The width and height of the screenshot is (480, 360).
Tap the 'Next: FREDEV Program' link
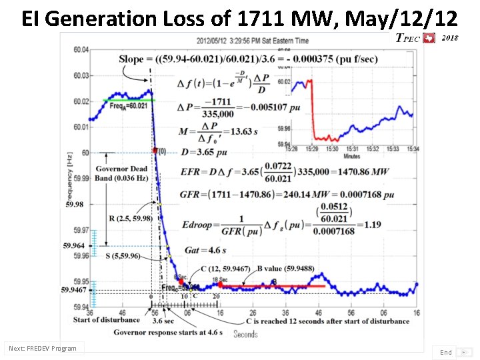pyautogui.click(x=43, y=348)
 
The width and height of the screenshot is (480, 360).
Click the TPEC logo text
pyautogui.click(x=408, y=39)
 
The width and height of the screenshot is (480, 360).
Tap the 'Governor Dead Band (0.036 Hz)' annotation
pyautogui.click(x=121, y=173)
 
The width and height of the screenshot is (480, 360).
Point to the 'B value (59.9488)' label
pyautogui.click(x=287, y=268)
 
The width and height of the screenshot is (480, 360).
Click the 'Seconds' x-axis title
pyautogui.click(x=245, y=334)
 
